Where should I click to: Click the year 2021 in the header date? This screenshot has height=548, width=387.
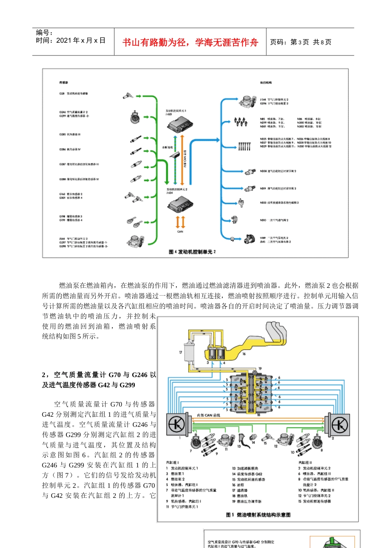pos(64,40)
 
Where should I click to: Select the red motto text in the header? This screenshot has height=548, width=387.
pos(190,42)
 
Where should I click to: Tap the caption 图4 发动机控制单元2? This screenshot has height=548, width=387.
pos(192,252)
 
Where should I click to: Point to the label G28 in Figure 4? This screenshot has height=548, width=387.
pos(62,93)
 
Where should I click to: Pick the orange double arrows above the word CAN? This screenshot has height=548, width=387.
pos(180,222)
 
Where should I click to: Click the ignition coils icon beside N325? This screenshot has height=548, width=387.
pos(244,145)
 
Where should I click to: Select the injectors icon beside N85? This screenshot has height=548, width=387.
pos(240,122)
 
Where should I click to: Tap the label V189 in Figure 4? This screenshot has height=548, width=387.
pos(263,238)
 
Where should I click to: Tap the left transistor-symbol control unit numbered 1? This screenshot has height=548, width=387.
pos(176,424)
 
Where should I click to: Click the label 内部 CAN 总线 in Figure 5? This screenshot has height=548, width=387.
pos(208,415)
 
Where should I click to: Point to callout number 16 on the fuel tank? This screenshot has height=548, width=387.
pos(244,354)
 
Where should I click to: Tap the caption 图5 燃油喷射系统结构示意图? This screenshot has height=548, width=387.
pos(258,515)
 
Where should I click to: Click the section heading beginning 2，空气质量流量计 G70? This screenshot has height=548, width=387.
pos(99,380)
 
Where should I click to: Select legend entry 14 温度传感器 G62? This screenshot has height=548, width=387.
pos(247,474)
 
